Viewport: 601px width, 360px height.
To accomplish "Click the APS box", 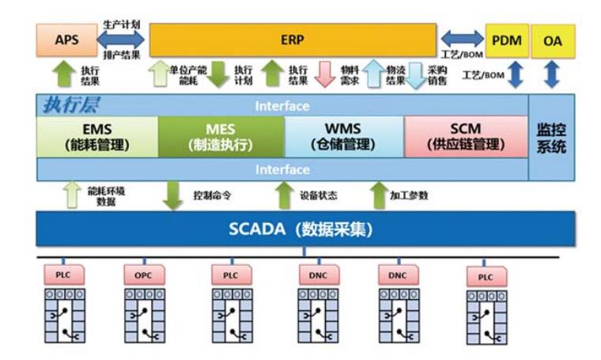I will tap(66, 40).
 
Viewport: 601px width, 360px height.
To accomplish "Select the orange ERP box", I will tap(292, 40).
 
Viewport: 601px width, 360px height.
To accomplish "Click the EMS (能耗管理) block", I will tap(97, 136).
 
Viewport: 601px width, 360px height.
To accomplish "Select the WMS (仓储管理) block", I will tap(343, 136).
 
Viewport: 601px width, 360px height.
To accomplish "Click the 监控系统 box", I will tap(551, 137).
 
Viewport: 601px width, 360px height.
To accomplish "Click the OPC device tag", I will tap(144, 275).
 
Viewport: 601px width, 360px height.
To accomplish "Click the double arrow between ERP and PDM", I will tap(462, 38).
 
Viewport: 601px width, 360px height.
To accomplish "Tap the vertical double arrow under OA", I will tap(552, 74).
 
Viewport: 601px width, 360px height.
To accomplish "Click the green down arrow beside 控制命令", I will tap(172, 195).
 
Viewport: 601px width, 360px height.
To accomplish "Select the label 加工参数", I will tap(410, 195).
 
